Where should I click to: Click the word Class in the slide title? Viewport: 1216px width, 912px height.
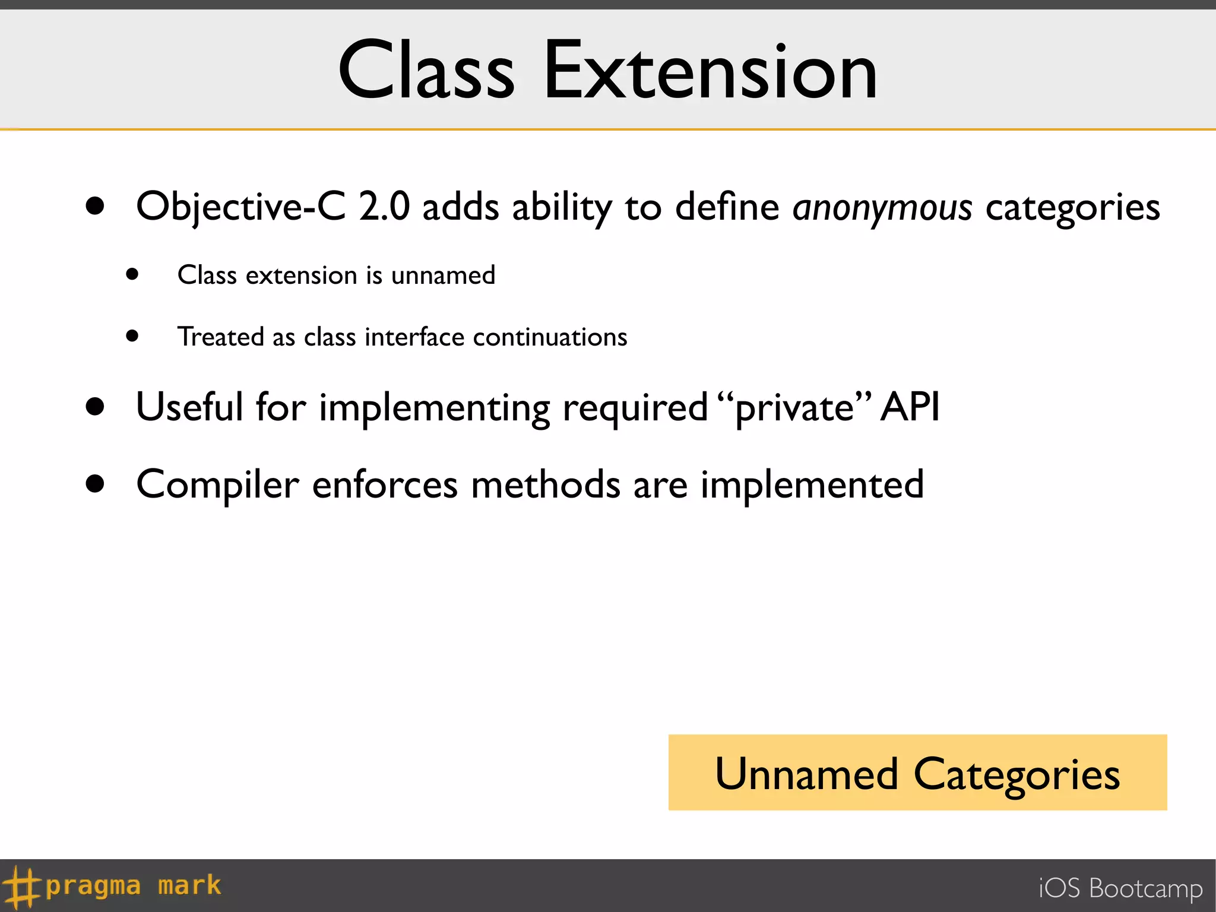coord(426,71)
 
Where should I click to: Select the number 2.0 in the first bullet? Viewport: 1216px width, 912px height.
coord(384,207)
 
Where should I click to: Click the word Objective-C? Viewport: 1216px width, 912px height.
coord(240,207)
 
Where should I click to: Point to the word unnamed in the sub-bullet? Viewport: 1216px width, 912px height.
coord(443,275)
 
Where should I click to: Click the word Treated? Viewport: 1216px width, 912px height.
coord(220,337)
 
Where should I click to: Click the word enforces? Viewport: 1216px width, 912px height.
coord(385,485)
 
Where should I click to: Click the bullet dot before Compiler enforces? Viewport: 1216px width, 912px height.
coord(95,484)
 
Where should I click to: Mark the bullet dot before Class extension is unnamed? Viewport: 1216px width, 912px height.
coord(132,274)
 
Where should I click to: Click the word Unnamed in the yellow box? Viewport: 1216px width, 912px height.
coord(806,774)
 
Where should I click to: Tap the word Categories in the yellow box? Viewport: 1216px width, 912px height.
coord(1016,775)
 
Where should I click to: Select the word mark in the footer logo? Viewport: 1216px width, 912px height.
coord(189,886)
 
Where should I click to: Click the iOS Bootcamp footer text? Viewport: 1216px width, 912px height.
coord(1120,889)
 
